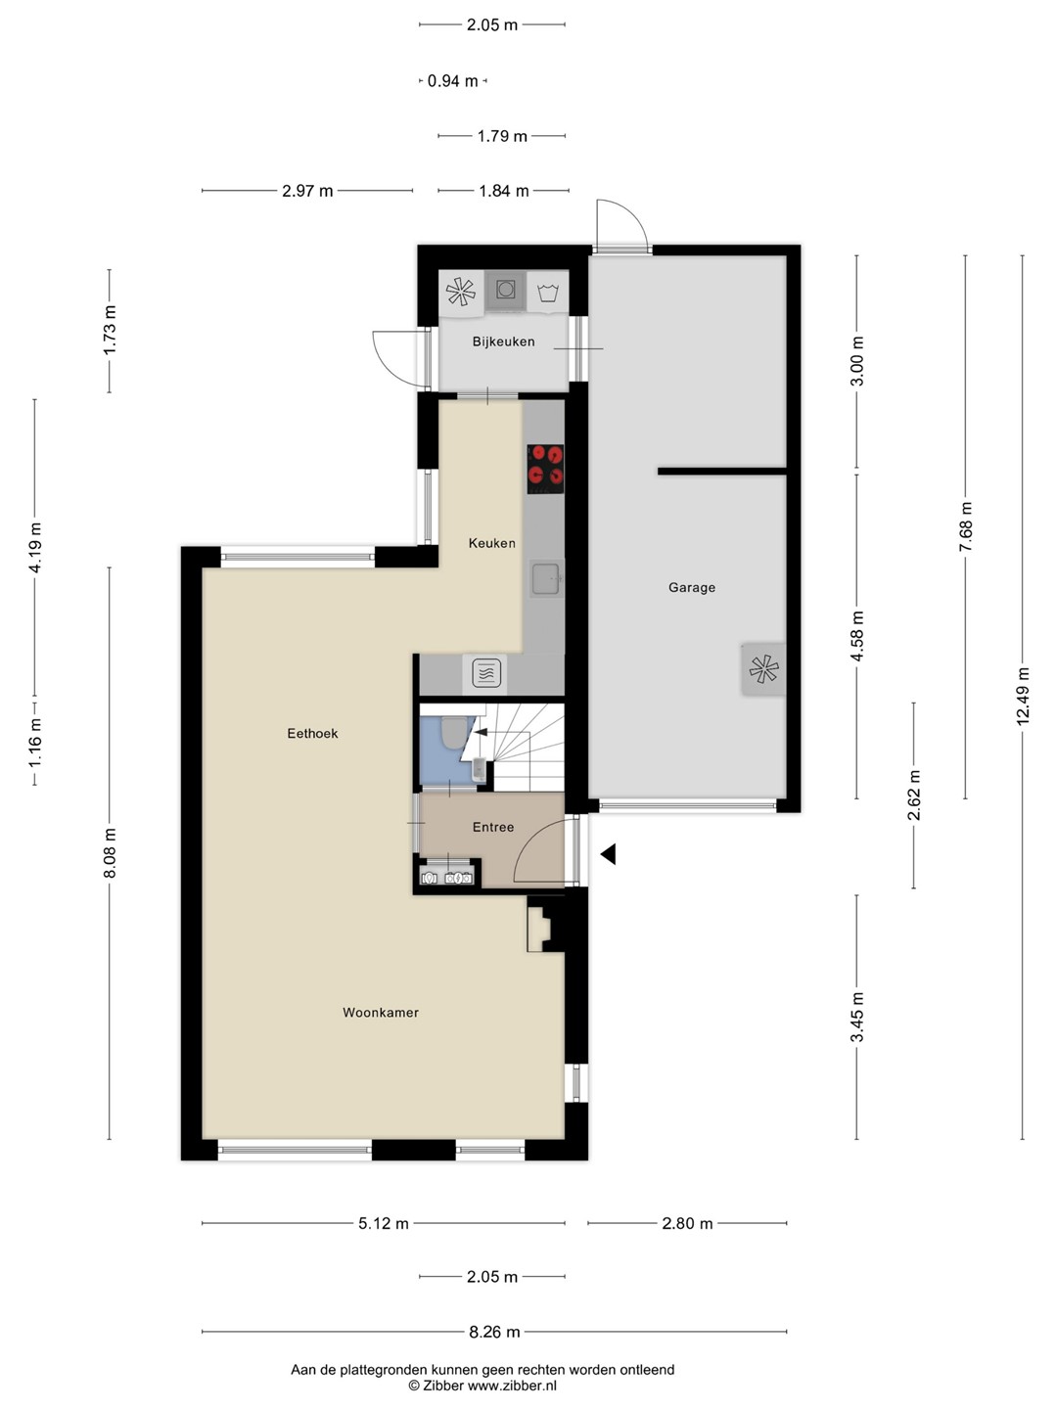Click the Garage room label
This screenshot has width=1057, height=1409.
click(x=691, y=587)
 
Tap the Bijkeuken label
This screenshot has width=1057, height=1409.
click(x=503, y=341)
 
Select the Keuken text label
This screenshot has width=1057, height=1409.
click(x=491, y=543)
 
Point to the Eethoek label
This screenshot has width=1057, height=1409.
click(x=312, y=733)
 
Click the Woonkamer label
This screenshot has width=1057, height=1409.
click(x=381, y=1013)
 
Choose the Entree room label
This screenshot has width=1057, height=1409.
click(x=493, y=827)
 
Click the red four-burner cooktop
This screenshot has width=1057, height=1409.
click(x=545, y=469)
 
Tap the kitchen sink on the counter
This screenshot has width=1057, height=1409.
click(x=547, y=577)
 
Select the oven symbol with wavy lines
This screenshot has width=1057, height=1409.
click(x=486, y=673)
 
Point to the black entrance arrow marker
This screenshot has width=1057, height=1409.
click(x=608, y=854)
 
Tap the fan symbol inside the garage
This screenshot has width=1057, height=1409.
click(x=763, y=669)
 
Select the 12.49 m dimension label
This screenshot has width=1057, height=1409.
click(x=1023, y=697)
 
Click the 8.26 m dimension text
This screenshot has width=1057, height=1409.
click(x=494, y=1332)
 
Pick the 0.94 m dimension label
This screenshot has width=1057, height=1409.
click(x=452, y=81)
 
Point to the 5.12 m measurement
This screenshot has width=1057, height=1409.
click(x=383, y=1223)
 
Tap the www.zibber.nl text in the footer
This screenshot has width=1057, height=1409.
click(x=512, y=1386)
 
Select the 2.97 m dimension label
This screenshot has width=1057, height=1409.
click(x=307, y=191)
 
